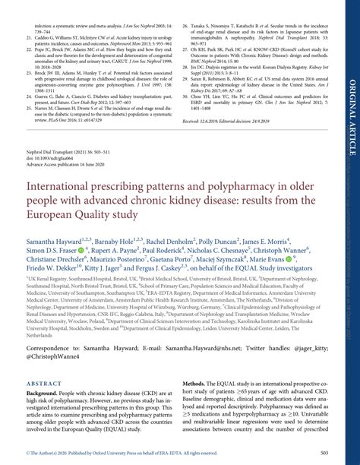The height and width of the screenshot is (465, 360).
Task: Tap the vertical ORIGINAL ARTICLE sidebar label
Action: click(x=352, y=114)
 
